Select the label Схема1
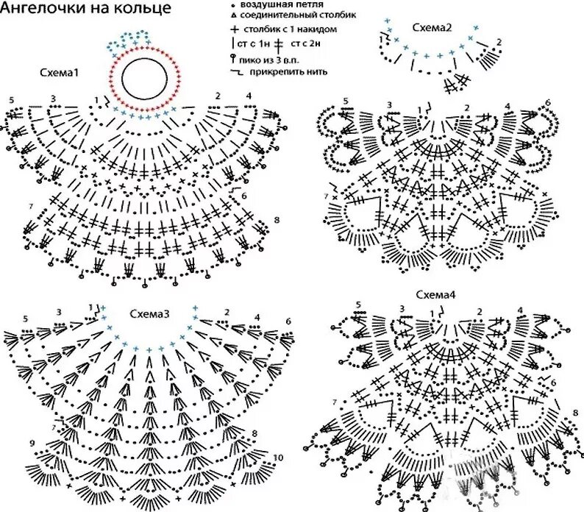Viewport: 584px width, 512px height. click(x=60, y=72)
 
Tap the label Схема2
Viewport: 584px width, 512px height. click(x=432, y=27)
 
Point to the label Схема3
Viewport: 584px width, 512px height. click(x=149, y=314)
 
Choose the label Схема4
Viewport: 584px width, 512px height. click(x=435, y=295)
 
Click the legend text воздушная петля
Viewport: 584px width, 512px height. click(x=282, y=4)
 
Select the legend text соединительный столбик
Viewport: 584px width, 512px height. click(x=298, y=15)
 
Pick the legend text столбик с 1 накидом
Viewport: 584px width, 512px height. click(x=290, y=29)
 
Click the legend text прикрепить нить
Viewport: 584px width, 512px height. click(x=288, y=71)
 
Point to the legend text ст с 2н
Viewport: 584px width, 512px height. click(x=305, y=43)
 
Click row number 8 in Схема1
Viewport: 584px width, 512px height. click(x=277, y=220)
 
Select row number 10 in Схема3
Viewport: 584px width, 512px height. click(x=278, y=458)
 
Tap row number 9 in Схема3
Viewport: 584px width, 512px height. click(x=32, y=443)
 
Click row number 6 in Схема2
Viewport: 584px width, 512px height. click(x=547, y=102)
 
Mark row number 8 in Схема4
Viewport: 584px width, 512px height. click(x=576, y=413)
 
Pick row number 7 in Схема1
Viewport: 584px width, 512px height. click(x=31, y=206)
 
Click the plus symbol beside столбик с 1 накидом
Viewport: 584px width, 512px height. click(x=235, y=29)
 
